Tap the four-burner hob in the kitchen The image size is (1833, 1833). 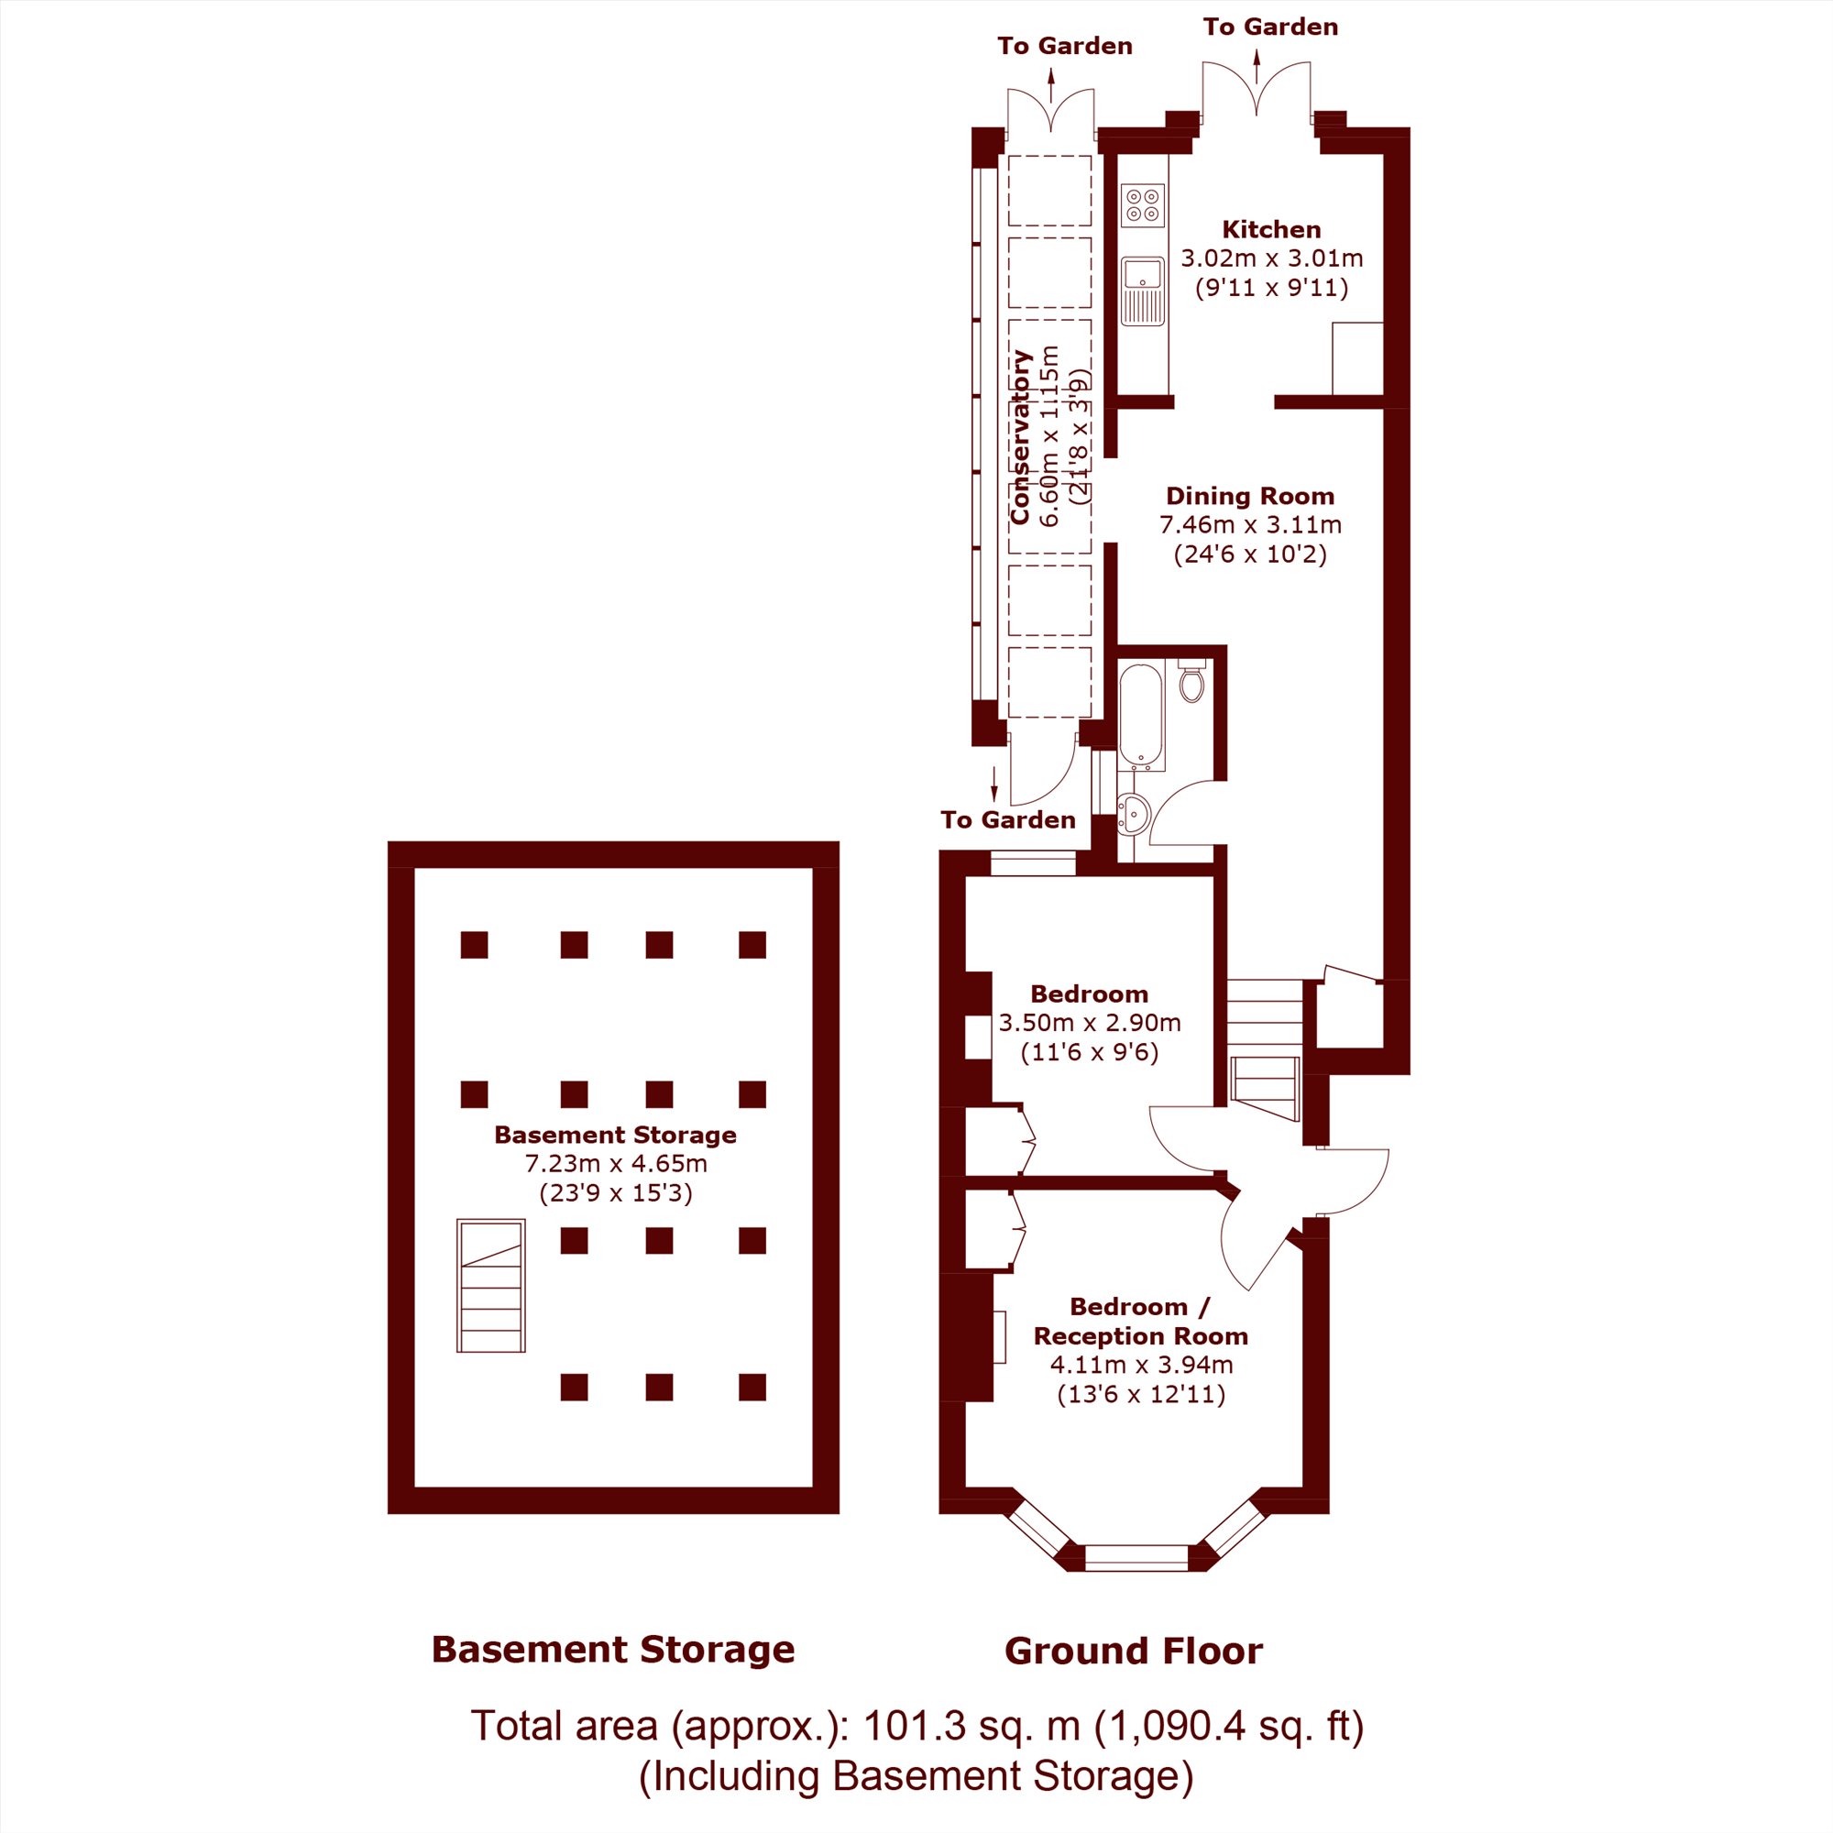[x=1142, y=206]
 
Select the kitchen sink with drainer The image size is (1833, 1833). [x=1142, y=291]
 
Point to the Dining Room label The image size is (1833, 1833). [x=1249, y=496]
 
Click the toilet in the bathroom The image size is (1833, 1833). [x=1191, y=680]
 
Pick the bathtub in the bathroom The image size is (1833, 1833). [x=1141, y=717]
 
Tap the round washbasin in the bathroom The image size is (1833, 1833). [x=1134, y=814]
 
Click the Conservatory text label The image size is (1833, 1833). [x=1020, y=437]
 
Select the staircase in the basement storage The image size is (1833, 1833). [x=490, y=1286]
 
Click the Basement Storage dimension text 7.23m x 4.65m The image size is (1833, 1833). [x=616, y=1163]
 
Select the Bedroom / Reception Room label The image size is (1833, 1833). [x=1140, y=1321]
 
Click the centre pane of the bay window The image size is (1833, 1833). [x=1136, y=1558]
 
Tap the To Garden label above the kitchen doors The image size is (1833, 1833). [x=1270, y=27]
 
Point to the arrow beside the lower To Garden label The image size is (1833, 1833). [x=994, y=784]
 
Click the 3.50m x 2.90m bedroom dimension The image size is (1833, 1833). [x=1089, y=1023]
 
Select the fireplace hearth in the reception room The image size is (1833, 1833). [x=999, y=1337]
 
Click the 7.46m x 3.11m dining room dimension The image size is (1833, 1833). [x=1249, y=524]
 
